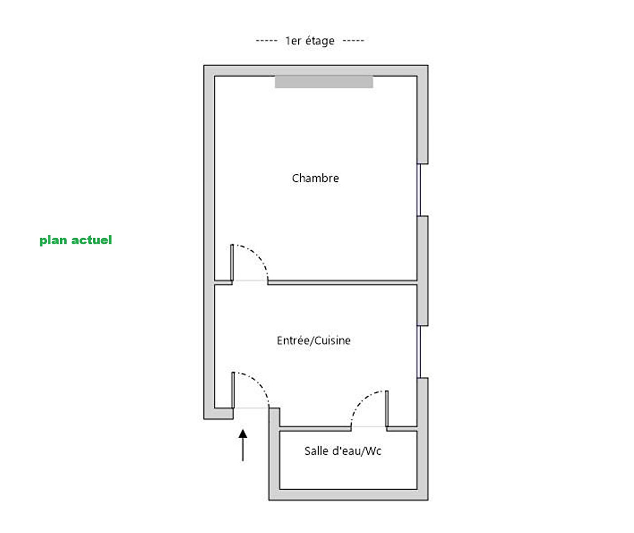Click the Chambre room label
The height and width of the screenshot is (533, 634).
pos(315,178)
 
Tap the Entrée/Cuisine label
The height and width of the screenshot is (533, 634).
pos(314,341)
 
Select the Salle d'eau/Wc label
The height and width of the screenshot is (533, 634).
pos(343,451)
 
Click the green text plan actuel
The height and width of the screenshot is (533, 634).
pos(76,241)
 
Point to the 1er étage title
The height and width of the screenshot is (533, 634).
pos(310,41)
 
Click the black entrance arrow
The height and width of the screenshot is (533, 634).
pos(242,445)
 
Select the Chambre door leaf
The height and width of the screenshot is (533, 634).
pos(232,263)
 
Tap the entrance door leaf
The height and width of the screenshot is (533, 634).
pos(233,390)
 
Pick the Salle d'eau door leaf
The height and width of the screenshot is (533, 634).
pos(387,409)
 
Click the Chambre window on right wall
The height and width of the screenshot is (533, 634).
pos(419,190)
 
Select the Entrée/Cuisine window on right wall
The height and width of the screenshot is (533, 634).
pos(419,352)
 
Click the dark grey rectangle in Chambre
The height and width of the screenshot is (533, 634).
pos(324,82)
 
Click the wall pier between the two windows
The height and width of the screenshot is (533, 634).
pos(422,271)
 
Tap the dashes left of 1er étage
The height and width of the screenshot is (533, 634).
pos(267,41)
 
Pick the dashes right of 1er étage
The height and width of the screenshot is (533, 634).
pos(354,41)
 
